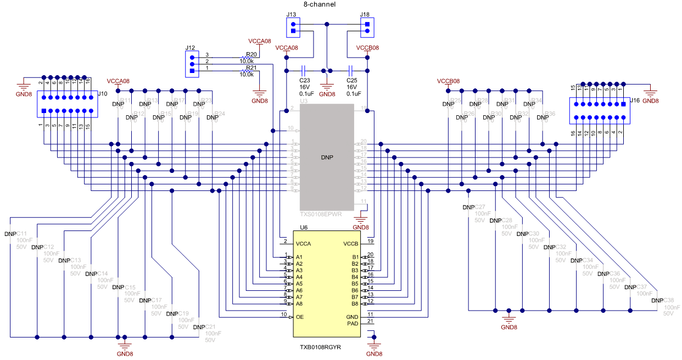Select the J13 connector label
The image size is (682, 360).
click(292, 14)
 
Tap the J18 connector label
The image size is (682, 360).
click(365, 14)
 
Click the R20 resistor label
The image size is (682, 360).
click(251, 54)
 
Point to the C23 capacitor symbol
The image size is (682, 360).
click(303, 71)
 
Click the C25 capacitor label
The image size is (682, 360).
click(351, 80)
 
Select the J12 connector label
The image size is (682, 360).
click(191, 47)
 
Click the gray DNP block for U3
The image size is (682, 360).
click(327, 156)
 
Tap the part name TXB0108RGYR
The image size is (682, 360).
click(321, 347)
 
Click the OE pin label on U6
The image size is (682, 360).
click(299, 317)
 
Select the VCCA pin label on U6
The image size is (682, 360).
click(303, 243)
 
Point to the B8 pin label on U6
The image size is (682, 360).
click(355, 303)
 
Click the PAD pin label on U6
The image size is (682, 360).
click(353, 323)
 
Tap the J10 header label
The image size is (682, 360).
click(102, 94)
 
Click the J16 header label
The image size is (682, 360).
click(634, 100)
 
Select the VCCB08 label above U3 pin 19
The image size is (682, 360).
click(367, 48)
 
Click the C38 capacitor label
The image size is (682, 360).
click(668, 300)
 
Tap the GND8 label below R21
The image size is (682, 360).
click(259, 100)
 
